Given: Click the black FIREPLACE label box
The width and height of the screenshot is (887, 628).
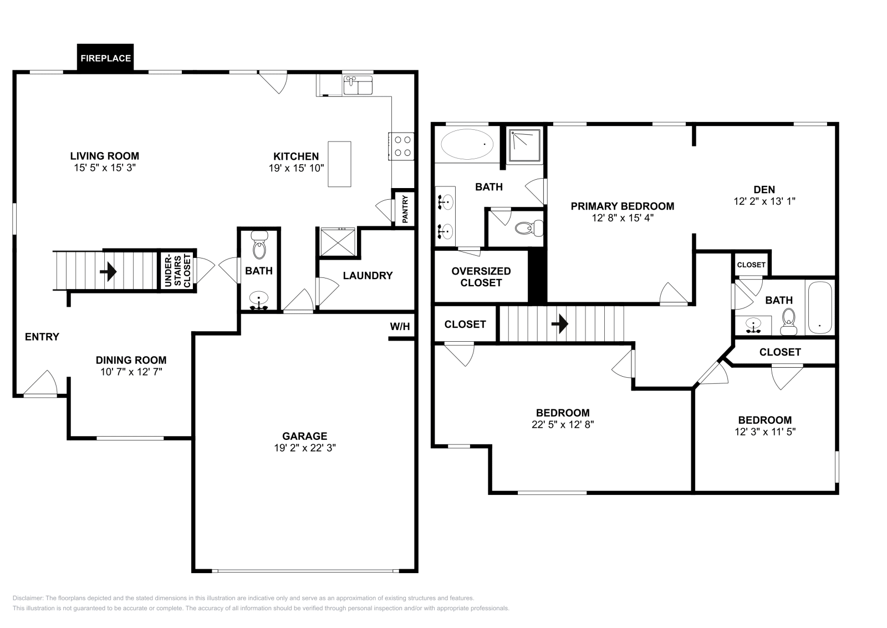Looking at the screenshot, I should [x=105, y=58].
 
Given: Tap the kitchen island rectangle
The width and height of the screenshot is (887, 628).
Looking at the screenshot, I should [x=339, y=164].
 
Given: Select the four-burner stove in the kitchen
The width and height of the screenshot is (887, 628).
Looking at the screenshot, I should [x=402, y=146].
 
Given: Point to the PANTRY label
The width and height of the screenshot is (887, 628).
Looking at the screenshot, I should [x=405, y=209].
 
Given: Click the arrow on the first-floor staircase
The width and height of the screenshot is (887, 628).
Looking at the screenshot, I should [x=108, y=271].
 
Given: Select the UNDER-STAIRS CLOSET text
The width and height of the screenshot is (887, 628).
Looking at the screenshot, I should [x=179, y=270].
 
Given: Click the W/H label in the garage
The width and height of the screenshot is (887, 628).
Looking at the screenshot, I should [x=400, y=327].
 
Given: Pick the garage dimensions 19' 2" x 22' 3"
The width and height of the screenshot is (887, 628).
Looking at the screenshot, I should [x=305, y=448].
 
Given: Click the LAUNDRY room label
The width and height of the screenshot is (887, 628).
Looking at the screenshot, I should [x=368, y=275].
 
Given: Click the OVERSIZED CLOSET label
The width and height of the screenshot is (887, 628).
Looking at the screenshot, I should [x=481, y=277].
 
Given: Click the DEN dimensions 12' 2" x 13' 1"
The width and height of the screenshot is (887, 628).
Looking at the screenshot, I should [x=764, y=201].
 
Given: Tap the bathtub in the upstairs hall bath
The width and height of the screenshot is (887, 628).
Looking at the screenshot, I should [x=820, y=308].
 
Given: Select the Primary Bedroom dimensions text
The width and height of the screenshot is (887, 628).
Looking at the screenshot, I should [x=623, y=218].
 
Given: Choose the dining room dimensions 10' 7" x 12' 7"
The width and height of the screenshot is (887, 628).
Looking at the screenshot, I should [x=131, y=372].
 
